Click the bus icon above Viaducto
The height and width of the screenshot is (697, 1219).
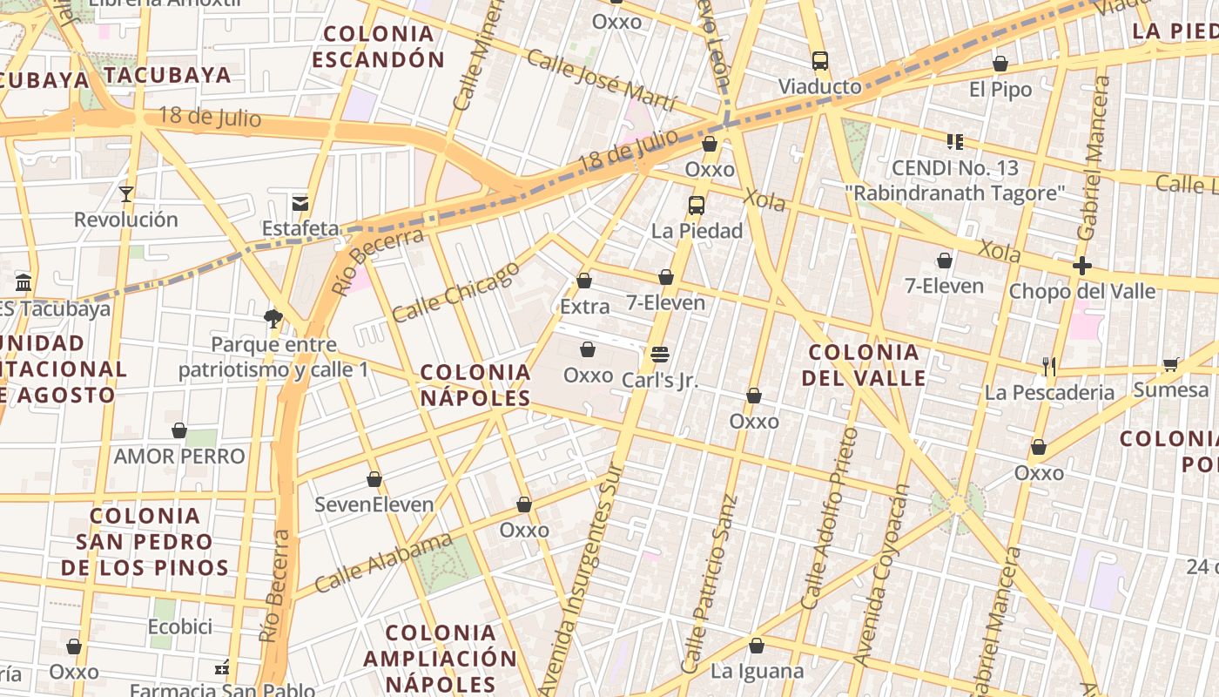point(819,61)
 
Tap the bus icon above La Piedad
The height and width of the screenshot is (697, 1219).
point(697,206)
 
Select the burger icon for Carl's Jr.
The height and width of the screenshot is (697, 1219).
point(659,355)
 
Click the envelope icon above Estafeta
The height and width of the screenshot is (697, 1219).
point(300,203)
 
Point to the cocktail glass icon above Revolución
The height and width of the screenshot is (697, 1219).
point(126,193)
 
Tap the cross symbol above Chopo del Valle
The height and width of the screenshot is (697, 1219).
point(1082,266)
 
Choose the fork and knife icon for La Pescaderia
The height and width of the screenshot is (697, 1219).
point(1049,367)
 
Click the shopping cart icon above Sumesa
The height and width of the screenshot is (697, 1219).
point(1170,364)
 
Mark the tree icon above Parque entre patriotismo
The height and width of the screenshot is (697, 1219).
point(273,318)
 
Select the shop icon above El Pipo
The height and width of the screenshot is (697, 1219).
point(1000,64)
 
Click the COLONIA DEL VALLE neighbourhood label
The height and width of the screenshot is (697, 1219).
point(864,365)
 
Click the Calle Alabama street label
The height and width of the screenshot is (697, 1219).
point(383,563)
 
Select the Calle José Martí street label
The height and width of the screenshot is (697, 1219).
point(601,82)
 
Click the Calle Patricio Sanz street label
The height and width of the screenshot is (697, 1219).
point(711,584)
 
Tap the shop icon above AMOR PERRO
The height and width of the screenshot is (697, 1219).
point(179,430)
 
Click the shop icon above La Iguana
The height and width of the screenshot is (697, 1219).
point(757,646)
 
